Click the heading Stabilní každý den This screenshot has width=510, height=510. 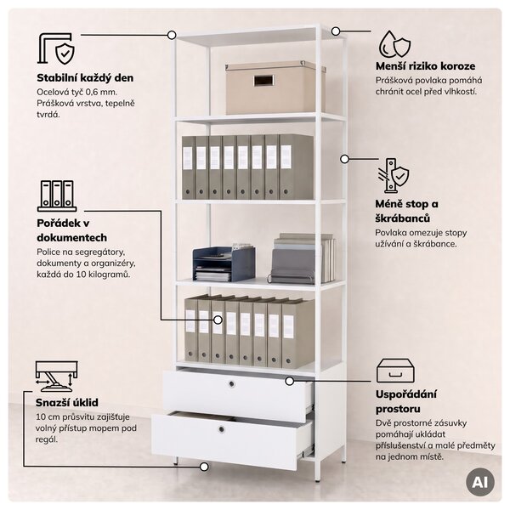point(85,78)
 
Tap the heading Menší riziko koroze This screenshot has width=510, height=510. point(426,66)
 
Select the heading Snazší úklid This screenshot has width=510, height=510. point(66,402)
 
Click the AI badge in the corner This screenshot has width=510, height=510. point(479,482)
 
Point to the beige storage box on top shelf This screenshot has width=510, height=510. point(275,88)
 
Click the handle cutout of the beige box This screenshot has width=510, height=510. point(264,81)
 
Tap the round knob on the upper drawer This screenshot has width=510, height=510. point(231,384)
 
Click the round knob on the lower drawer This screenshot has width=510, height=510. point(222,429)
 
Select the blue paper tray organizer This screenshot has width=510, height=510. point(224,263)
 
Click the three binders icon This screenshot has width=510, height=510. point(57,195)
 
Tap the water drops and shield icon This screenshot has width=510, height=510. point(394,44)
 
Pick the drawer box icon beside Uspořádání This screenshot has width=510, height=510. point(395,371)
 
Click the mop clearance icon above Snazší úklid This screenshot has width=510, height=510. point(56,376)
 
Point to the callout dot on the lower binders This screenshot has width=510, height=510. point(218,320)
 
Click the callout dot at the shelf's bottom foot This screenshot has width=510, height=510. point(204,467)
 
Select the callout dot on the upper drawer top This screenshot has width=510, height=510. point(290,381)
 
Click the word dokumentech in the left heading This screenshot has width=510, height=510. point(72,238)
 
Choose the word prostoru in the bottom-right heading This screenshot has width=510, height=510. point(398,409)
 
